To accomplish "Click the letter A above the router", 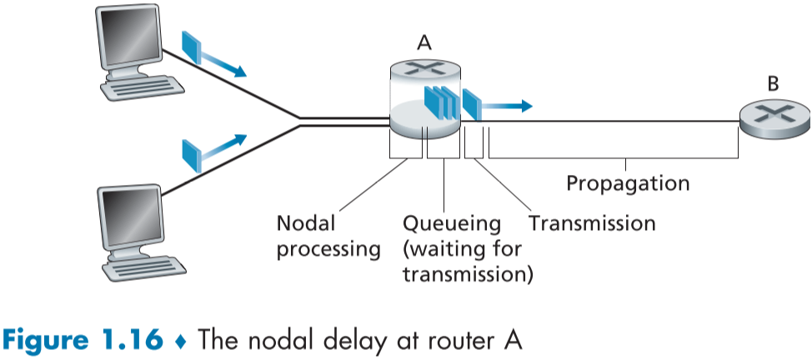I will [x=424, y=41].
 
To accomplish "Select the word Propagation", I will [x=628, y=183].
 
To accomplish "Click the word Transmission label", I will [x=592, y=223].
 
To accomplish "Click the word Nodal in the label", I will [x=305, y=223].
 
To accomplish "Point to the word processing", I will [x=328, y=248].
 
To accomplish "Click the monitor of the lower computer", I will [x=129, y=214].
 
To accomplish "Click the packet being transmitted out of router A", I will [x=471, y=105].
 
